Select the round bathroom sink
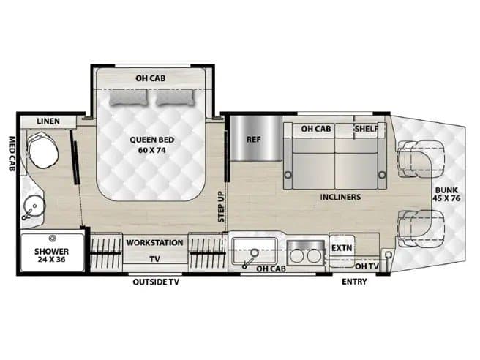[34, 206]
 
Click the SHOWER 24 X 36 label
[51, 255]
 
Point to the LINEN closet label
[48, 121]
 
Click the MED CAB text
[12, 154]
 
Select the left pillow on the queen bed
[129, 97]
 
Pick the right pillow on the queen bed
[175, 97]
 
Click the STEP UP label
[221, 206]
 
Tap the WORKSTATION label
[154, 243]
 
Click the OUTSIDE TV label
[156, 282]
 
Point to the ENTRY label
[354, 282]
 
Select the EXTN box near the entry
[342, 247]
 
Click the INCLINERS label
[340, 197]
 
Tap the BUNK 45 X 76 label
[446, 194]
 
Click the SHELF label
[367, 129]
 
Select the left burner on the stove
[296, 256]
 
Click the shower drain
[53, 238]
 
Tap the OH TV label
[367, 266]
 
